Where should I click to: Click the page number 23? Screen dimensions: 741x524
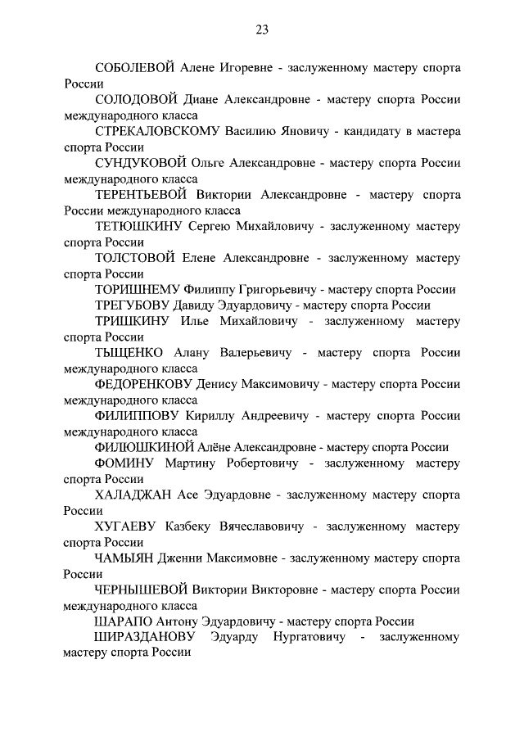[262, 30]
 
